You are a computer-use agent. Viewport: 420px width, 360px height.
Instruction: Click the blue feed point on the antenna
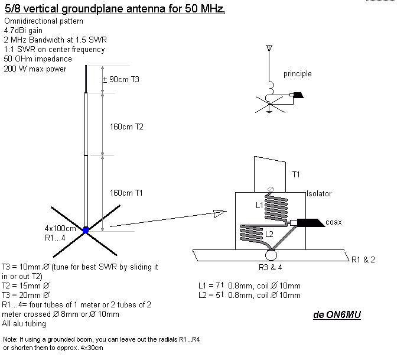coord(86,231)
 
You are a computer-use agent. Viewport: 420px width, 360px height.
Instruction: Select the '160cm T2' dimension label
coord(127,127)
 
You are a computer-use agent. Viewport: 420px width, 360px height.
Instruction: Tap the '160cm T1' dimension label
coord(127,193)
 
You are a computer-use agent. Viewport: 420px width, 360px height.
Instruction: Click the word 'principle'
coord(297,74)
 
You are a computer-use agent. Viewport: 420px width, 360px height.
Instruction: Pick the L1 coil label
coord(258,205)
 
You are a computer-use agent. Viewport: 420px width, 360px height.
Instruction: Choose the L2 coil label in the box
coord(268,235)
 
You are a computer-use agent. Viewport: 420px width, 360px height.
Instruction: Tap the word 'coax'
coord(334,222)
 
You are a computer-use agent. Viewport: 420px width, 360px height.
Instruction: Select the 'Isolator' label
coord(319,194)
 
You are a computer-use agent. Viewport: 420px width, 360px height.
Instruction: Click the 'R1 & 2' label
coord(363,260)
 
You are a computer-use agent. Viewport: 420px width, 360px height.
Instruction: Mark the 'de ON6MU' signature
coord(337,314)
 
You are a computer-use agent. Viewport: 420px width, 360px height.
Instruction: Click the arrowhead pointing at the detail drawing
coord(220,212)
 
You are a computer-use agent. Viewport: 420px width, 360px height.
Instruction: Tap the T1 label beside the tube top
coord(297,175)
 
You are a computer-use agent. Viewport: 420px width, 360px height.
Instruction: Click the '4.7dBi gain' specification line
coord(24,31)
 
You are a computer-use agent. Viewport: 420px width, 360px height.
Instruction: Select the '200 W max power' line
coord(35,69)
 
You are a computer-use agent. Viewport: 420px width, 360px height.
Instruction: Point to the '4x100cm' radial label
coord(61,229)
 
